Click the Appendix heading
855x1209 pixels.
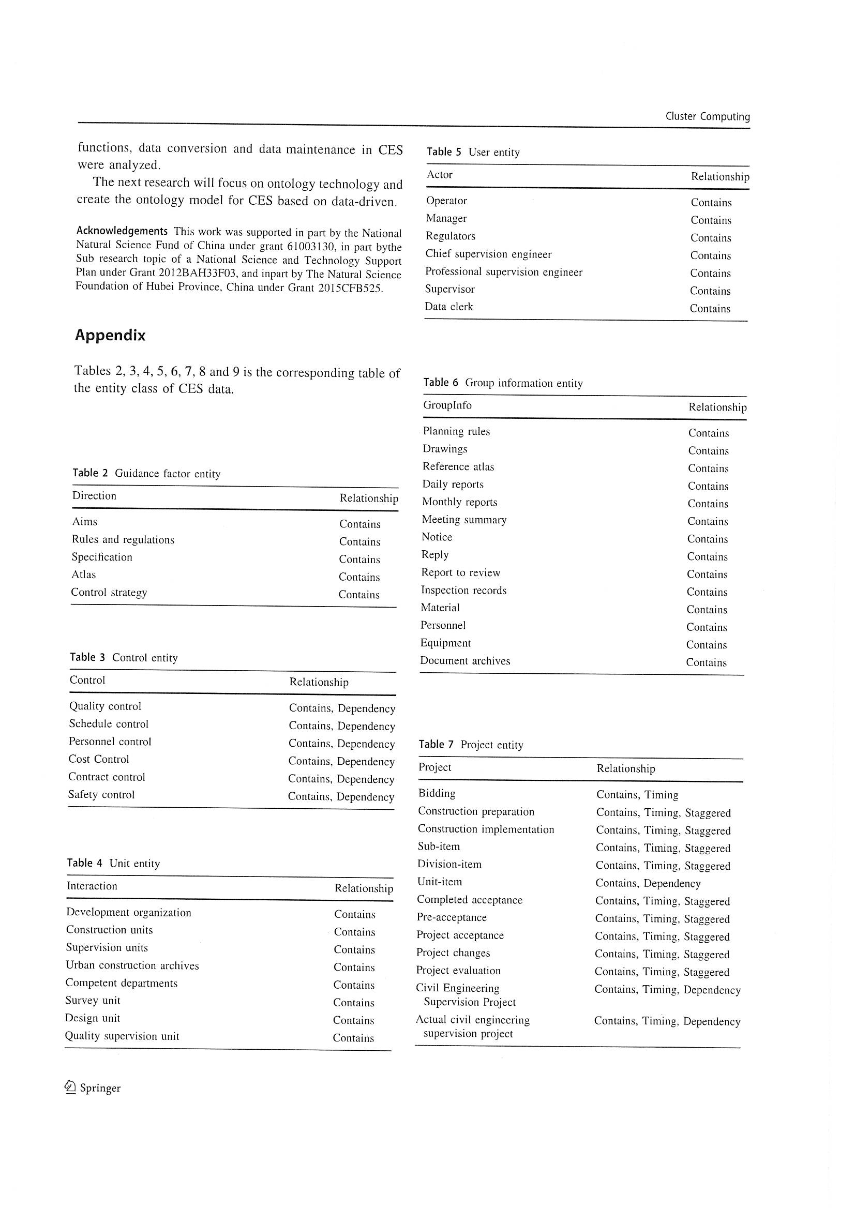pyautogui.click(x=110, y=336)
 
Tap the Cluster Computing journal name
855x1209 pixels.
pyautogui.click(x=707, y=116)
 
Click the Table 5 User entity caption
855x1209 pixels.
pyautogui.click(x=473, y=152)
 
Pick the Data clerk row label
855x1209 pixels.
pyautogui.click(x=449, y=307)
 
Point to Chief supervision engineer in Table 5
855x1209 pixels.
pyautogui.click(x=488, y=254)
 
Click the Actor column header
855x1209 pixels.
pyautogui.click(x=439, y=175)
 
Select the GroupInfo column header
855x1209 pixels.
pyautogui.click(x=447, y=405)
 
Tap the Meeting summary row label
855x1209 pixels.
pyautogui.click(x=463, y=520)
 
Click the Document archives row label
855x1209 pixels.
pyautogui.click(x=464, y=661)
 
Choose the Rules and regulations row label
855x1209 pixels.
pyautogui.click(x=123, y=540)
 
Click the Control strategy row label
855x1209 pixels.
pyautogui.click(x=109, y=593)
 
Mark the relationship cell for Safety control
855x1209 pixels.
pyautogui.click(x=341, y=797)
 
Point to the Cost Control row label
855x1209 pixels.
pyautogui.click(x=98, y=759)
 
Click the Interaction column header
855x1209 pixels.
pyautogui.click(x=92, y=886)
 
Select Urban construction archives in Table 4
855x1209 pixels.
pyautogui.click(x=132, y=965)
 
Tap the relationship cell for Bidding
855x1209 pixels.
pyautogui.click(x=637, y=795)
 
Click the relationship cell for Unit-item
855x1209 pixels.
pyautogui.click(x=648, y=883)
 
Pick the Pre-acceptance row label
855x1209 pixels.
pyautogui.click(x=452, y=917)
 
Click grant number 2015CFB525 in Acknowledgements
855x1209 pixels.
pyautogui.click(x=350, y=289)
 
